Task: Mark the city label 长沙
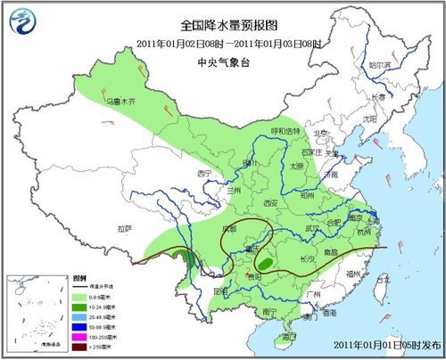[x=305, y=257]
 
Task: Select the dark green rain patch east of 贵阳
[x=265, y=264]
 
